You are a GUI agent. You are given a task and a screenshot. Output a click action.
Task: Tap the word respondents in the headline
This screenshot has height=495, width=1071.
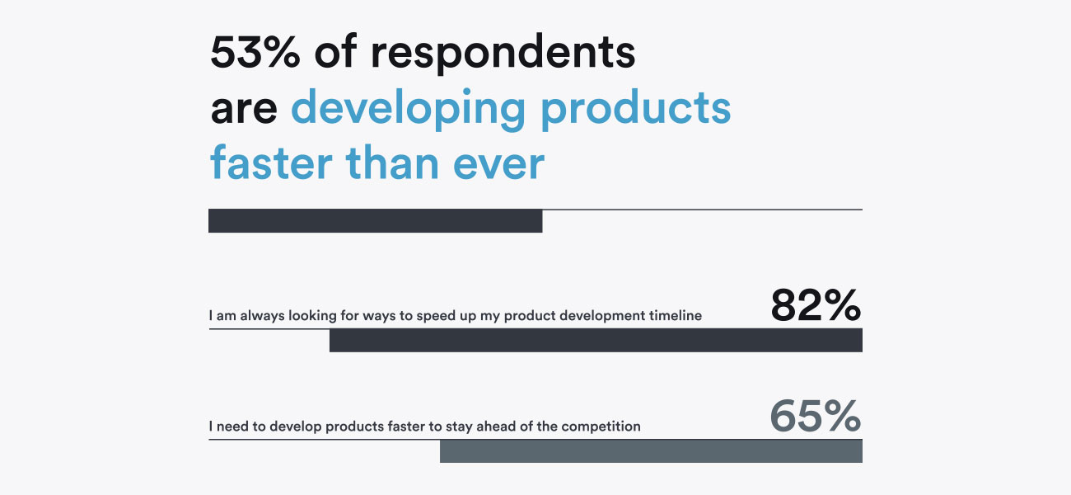point(503,54)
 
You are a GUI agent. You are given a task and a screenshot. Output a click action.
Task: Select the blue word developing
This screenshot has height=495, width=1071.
point(409,110)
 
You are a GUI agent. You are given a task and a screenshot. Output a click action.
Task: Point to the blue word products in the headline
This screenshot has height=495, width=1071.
point(636,110)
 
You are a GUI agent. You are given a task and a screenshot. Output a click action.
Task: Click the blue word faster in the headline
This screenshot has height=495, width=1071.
point(271,163)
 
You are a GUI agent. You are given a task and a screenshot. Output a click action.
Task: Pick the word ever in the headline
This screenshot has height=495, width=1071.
point(498,166)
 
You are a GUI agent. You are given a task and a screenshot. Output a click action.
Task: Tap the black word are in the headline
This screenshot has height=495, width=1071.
point(244,111)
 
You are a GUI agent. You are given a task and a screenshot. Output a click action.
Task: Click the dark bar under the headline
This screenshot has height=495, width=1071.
point(376,221)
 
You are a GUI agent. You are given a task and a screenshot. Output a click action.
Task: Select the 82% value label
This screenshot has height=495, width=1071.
point(816,305)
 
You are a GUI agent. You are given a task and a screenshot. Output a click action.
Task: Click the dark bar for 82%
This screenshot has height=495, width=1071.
point(596,341)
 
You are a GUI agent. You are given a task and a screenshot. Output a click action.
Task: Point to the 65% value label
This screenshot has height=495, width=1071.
point(816,416)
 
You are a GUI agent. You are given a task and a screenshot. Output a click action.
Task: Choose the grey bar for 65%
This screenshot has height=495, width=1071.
point(651,451)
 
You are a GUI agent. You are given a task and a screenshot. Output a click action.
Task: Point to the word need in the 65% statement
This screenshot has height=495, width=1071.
point(232,426)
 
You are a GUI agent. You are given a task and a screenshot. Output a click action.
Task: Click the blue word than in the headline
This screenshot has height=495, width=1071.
point(392,163)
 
